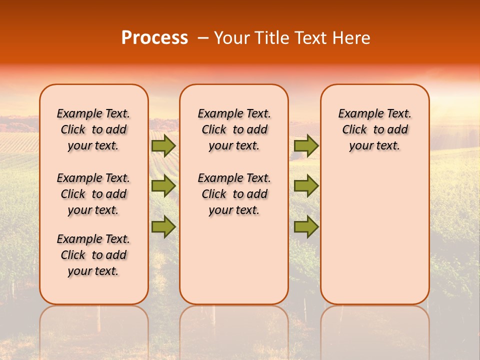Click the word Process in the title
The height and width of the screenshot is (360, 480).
coord(154,37)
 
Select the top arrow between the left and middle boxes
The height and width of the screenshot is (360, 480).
coord(163,146)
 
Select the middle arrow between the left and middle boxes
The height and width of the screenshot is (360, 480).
coord(163,186)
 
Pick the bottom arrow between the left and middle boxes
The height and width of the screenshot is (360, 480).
coord(163,226)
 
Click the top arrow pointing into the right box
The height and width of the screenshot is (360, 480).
coord(306,146)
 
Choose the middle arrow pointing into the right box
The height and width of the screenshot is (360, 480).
coord(306,186)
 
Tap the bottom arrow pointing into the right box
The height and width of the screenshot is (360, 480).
coord(306,226)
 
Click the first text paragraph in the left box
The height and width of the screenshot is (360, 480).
coord(93,129)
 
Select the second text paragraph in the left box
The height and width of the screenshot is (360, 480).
coord(93,194)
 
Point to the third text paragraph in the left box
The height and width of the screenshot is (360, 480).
coord(93,255)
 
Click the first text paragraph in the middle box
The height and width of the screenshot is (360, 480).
coord(234,129)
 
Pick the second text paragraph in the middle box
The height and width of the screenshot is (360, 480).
coord(234,194)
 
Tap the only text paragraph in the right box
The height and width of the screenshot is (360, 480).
coord(374,129)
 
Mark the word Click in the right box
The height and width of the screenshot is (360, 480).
coord(354,130)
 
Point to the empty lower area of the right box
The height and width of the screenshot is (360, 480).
coord(374,235)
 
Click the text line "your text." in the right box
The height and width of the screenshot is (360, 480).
coord(374,146)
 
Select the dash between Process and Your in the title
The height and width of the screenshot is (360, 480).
coord(203,38)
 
